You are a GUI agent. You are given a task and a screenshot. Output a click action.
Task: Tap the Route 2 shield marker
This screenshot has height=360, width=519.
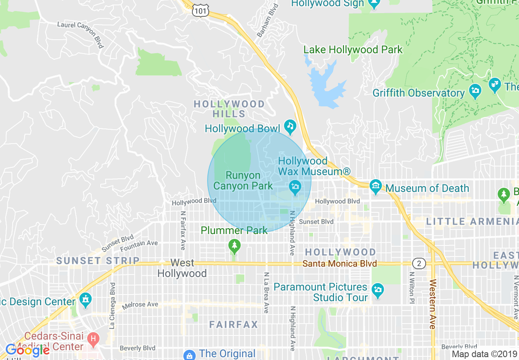tap(418, 263)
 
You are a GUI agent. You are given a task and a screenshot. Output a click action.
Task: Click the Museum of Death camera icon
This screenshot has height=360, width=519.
tap(375, 187)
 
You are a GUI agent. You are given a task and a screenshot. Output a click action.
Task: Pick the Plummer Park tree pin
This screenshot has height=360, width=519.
tap(234, 246)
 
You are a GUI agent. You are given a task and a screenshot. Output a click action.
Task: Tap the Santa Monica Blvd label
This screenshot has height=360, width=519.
tap(339, 264)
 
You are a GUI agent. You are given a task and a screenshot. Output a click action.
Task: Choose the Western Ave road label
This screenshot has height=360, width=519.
tap(433, 304)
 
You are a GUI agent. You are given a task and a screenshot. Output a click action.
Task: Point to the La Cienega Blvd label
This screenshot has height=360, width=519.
tap(113, 306)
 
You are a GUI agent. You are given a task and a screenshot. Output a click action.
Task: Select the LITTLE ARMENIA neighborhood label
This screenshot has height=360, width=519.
tap(472, 221)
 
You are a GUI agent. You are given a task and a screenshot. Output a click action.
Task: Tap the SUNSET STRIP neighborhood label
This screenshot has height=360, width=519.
tap(98, 261)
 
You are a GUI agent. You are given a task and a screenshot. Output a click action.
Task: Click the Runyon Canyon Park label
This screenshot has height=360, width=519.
tap(243, 181)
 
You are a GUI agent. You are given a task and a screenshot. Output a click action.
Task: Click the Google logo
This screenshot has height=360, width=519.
tap(27, 350)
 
